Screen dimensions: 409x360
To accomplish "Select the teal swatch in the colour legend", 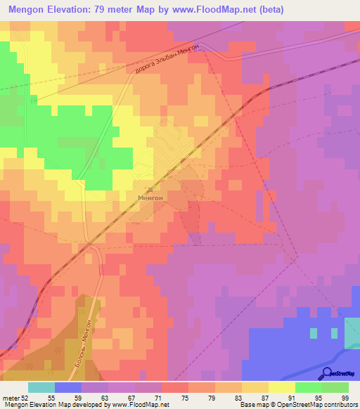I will pyautogui.click(x=41, y=387).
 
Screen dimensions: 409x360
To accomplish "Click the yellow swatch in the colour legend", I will pyautogui.click(x=282, y=387).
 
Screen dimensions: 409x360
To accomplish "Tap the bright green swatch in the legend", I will pyautogui.click(x=309, y=387).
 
